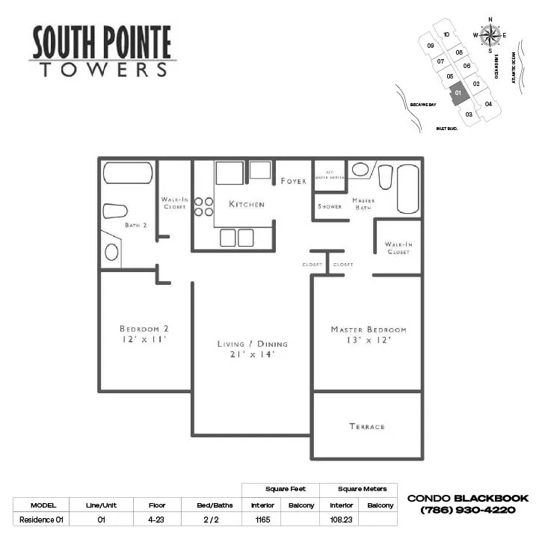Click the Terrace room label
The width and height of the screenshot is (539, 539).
pos(367,426)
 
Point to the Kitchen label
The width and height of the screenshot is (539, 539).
pos(247,204)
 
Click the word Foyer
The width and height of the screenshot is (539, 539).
pos(293,182)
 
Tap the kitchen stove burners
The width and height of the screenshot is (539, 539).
pos(204,206)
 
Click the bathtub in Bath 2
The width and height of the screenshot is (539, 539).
pos(128,173)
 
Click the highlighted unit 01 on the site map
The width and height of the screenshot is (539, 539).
pos(459,93)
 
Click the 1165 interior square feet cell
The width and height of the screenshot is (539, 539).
pos(262,519)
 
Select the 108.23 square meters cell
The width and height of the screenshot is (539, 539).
pos(342,519)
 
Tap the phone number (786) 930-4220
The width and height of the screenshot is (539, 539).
pos(468,510)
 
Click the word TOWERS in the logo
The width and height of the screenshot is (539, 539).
pos(103,70)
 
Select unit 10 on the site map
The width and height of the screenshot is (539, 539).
pos(446,34)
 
